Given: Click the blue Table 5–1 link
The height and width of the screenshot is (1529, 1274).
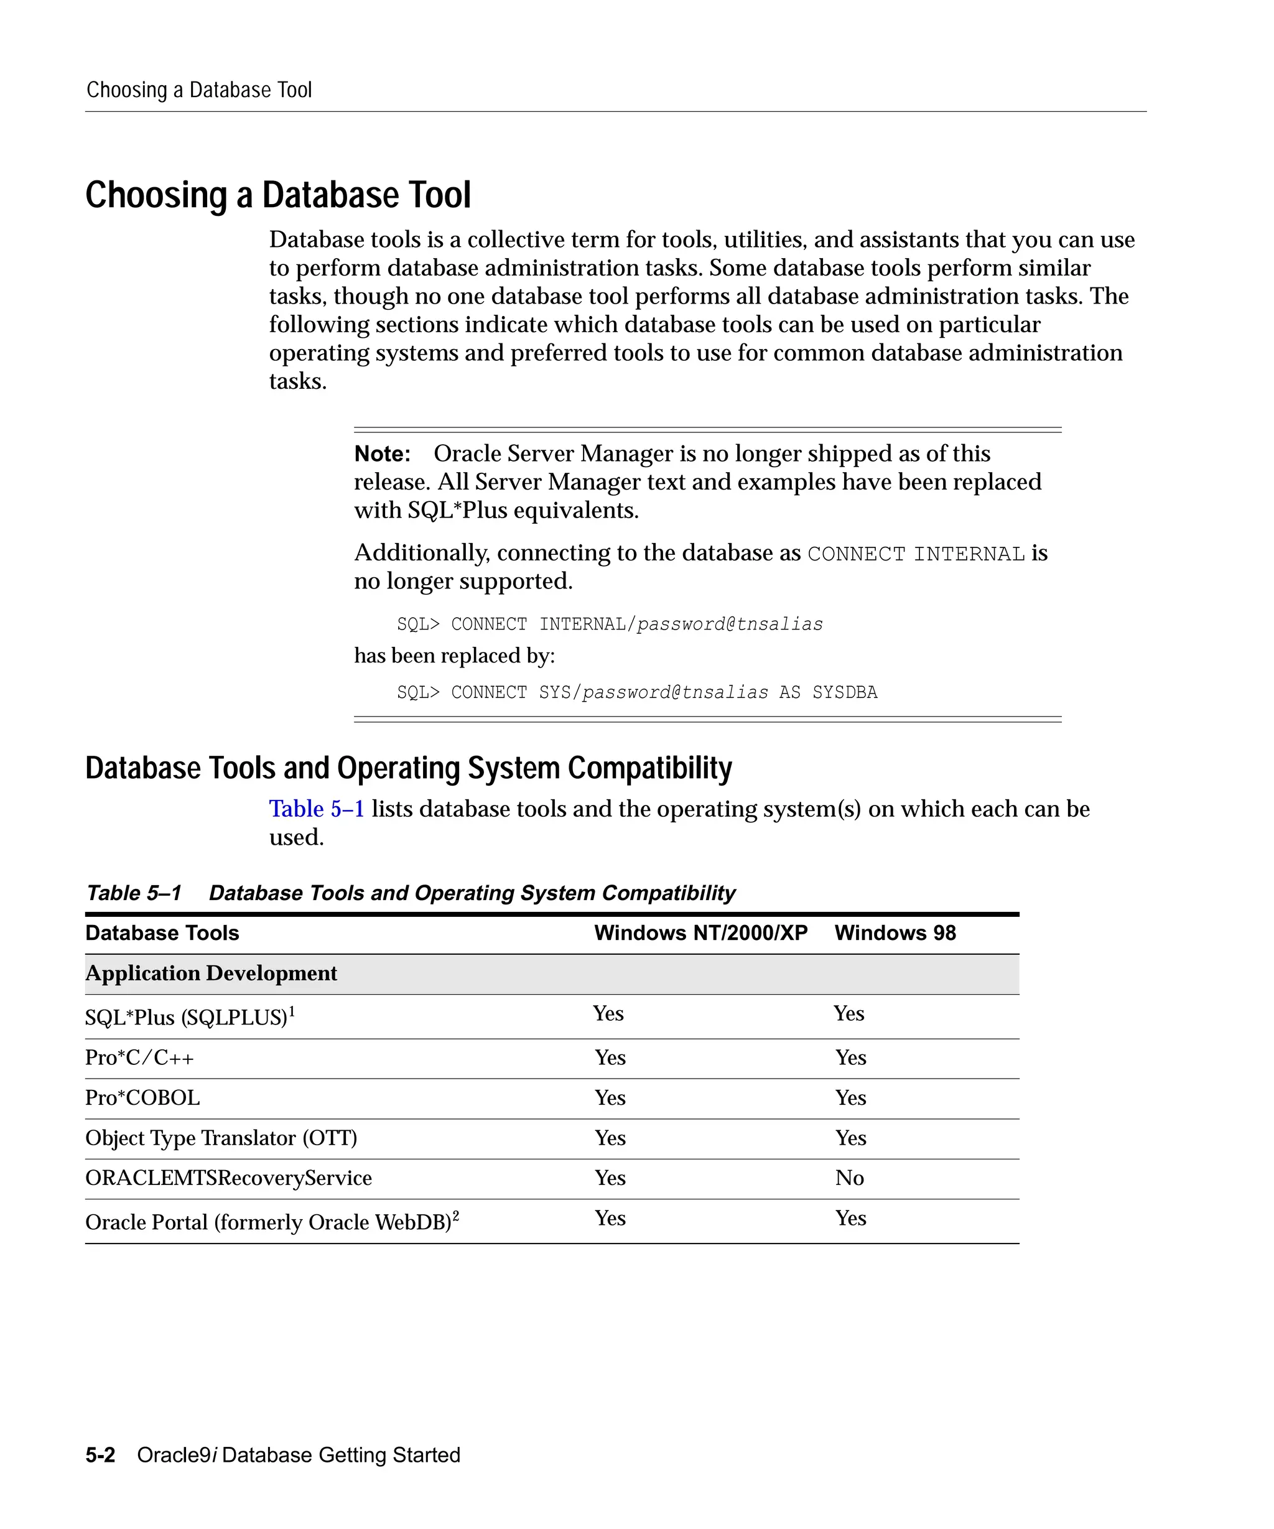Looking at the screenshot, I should point(317,809).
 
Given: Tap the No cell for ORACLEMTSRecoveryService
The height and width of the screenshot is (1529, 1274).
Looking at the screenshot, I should point(849,1178).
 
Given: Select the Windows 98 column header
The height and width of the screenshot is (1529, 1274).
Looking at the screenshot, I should point(895,934).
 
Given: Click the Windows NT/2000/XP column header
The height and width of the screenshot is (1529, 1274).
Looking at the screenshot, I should point(700,934).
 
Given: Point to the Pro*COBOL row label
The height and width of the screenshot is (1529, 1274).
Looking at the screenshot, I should point(142,1098).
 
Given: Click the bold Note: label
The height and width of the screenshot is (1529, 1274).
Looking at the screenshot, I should point(382,454).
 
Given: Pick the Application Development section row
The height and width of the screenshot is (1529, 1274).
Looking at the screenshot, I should point(211,974).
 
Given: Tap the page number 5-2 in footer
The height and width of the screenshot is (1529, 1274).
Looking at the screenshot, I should point(100,1455).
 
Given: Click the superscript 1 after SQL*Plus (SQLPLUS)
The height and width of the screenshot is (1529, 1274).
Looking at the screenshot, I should point(292,1011).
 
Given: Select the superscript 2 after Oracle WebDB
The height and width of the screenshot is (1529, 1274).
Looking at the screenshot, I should point(456,1215).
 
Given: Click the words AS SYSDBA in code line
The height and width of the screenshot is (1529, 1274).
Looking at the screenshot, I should point(828,692).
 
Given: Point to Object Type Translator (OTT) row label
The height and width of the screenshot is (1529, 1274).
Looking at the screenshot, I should point(221,1138).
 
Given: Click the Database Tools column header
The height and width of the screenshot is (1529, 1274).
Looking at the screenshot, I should point(162,934).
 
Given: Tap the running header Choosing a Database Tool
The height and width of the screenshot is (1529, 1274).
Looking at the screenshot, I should point(198,90).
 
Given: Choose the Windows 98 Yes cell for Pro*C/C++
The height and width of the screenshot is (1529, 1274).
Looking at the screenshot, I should point(850,1058).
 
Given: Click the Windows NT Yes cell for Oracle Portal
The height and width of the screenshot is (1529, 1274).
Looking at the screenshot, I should point(610,1218).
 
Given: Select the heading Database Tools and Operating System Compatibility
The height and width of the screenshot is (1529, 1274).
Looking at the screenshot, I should point(409,768).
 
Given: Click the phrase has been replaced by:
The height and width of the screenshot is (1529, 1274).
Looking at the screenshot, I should point(454,656).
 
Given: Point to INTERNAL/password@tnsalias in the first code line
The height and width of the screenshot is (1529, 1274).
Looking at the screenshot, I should point(681,625).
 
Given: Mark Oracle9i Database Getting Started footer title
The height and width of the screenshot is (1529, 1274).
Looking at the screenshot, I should point(299,1455).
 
